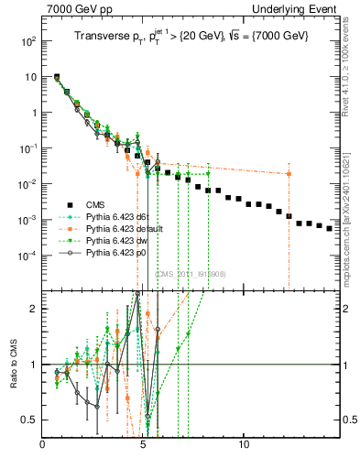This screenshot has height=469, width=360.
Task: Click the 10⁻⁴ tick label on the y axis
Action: click(x=28, y=255)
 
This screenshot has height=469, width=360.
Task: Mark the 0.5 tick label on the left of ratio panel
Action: click(x=29, y=420)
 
